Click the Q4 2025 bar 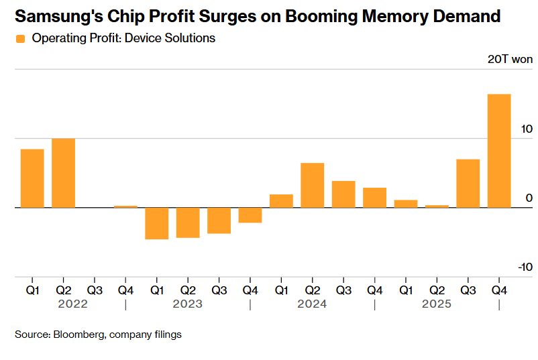tap(499, 151)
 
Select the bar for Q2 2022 tap(64, 173)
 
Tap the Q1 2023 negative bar tap(157, 223)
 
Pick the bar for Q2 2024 tap(313, 185)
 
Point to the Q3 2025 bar tap(468, 183)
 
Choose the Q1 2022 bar tap(32, 178)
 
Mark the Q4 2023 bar tap(250, 215)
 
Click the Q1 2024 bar tap(281, 201)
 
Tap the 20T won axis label tap(510, 60)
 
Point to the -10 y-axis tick tap(525, 267)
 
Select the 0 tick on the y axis tap(529, 198)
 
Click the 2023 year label tap(188, 304)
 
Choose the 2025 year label tap(437, 304)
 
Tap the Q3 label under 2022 tap(95, 290)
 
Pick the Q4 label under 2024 tap(374, 290)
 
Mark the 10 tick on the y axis tap(526, 129)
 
